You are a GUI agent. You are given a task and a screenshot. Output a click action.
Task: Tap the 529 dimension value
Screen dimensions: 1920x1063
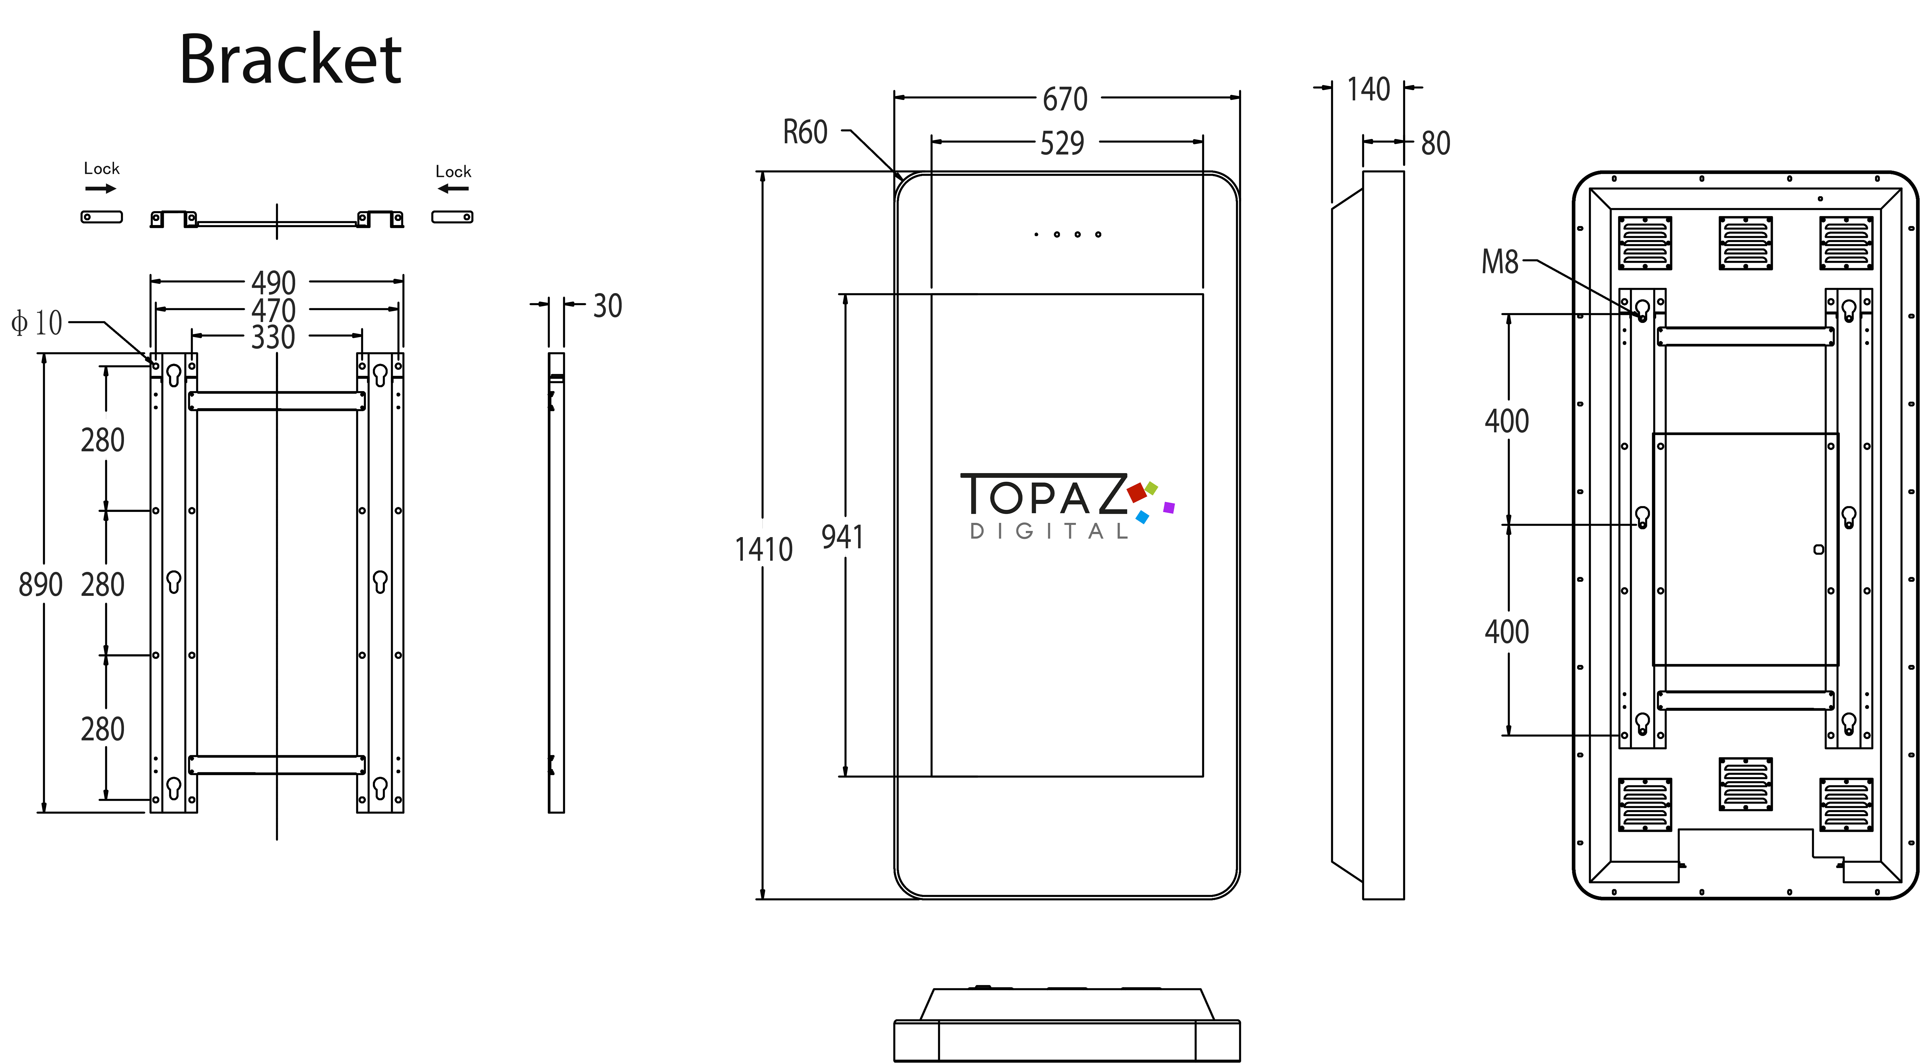[x=1062, y=143]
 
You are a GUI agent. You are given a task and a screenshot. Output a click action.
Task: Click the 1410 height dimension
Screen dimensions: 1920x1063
[x=763, y=550]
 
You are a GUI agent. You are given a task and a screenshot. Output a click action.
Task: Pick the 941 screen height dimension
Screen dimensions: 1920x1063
[x=842, y=537]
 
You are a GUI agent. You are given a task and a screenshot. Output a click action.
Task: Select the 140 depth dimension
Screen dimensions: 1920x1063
[x=1369, y=90]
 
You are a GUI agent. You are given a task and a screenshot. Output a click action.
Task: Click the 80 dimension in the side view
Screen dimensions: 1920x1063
[x=1436, y=143]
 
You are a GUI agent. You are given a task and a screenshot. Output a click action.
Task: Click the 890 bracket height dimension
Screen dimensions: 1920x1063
[x=40, y=584]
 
